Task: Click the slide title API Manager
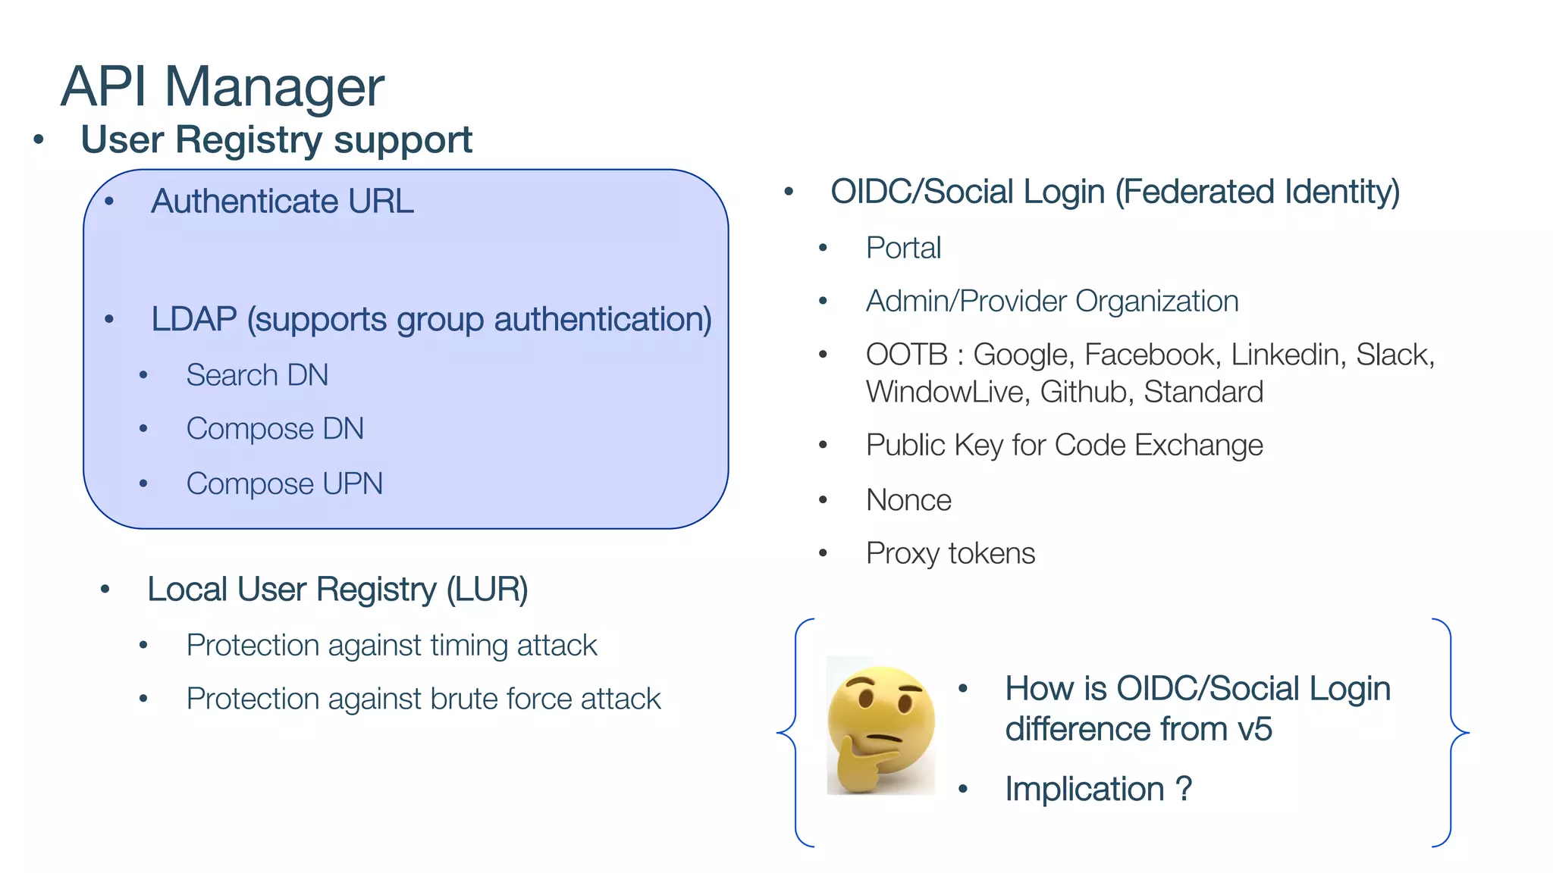222,86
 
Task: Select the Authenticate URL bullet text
282,202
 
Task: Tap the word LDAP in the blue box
193,319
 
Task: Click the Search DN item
257,375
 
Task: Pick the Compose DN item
275,429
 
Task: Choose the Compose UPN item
284,483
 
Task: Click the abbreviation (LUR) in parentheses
487,590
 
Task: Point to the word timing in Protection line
469,646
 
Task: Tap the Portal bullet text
903,248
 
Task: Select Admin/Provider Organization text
1052,302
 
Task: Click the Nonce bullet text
908,500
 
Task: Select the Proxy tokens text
950,553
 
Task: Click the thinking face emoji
880,726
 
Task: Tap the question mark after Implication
1184,789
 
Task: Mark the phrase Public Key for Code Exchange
1064,445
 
